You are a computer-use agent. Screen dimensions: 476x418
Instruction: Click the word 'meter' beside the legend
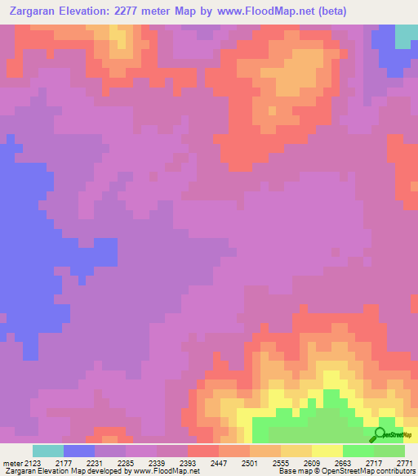(12, 463)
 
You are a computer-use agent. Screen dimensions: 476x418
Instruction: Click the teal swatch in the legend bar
(48, 451)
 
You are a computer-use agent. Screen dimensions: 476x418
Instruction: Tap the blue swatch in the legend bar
(79, 451)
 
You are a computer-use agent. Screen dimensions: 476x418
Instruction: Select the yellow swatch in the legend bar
(327, 451)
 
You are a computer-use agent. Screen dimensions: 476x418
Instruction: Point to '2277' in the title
(134, 11)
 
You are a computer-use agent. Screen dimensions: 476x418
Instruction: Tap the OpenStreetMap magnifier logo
(380, 434)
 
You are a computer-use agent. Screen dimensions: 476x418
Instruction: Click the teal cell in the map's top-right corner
(405, 36)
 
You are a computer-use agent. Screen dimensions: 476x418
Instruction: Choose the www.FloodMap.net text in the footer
(167, 471)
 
